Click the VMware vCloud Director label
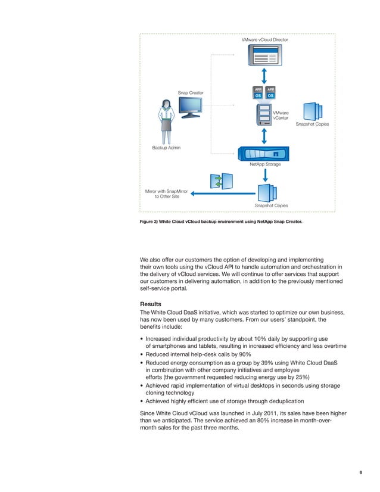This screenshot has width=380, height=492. (264, 39)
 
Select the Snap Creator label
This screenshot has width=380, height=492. (191, 92)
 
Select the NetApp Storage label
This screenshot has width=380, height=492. (265, 164)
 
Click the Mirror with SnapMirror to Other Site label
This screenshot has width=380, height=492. (167, 194)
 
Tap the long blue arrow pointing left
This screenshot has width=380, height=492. (223, 193)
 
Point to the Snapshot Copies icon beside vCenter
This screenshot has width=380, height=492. (313, 111)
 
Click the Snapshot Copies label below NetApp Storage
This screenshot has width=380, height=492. (271, 205)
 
